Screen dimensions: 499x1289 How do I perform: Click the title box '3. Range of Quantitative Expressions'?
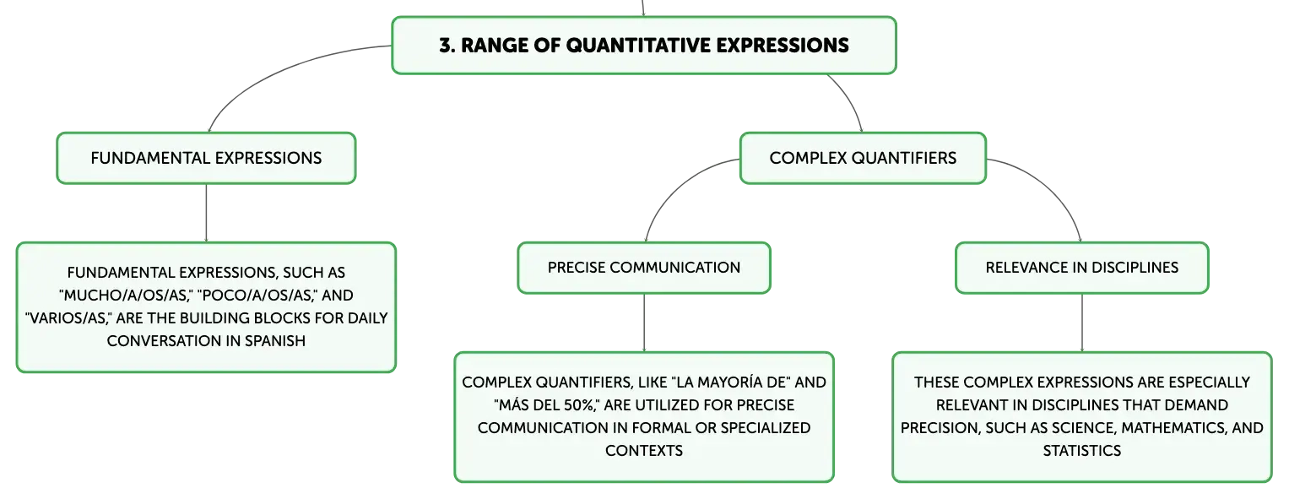(643, 46)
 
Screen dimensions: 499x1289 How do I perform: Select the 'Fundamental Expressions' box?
(205, 158)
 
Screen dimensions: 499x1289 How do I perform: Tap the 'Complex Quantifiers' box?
(862, 158)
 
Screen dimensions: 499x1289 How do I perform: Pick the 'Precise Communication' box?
(643, 268)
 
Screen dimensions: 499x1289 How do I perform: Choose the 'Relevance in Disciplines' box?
(1081, 268)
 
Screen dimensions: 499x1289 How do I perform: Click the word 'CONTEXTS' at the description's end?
(643, 450)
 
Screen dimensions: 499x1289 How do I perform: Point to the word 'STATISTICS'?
(1081, 450)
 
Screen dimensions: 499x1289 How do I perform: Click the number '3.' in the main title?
(447, 46)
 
